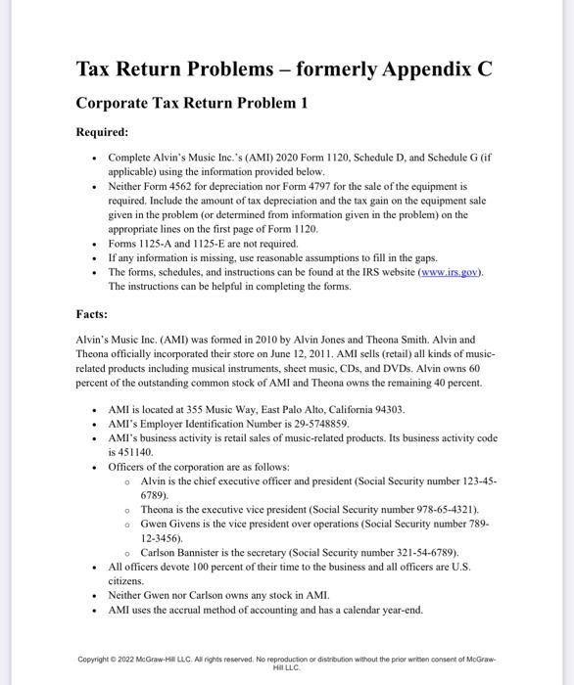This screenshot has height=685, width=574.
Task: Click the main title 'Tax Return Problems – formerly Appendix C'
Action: click(x=284, y=69)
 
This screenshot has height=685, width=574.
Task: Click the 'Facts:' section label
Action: click(x=94, y=314)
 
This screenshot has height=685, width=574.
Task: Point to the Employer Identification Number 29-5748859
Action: click(x=316, y=424)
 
